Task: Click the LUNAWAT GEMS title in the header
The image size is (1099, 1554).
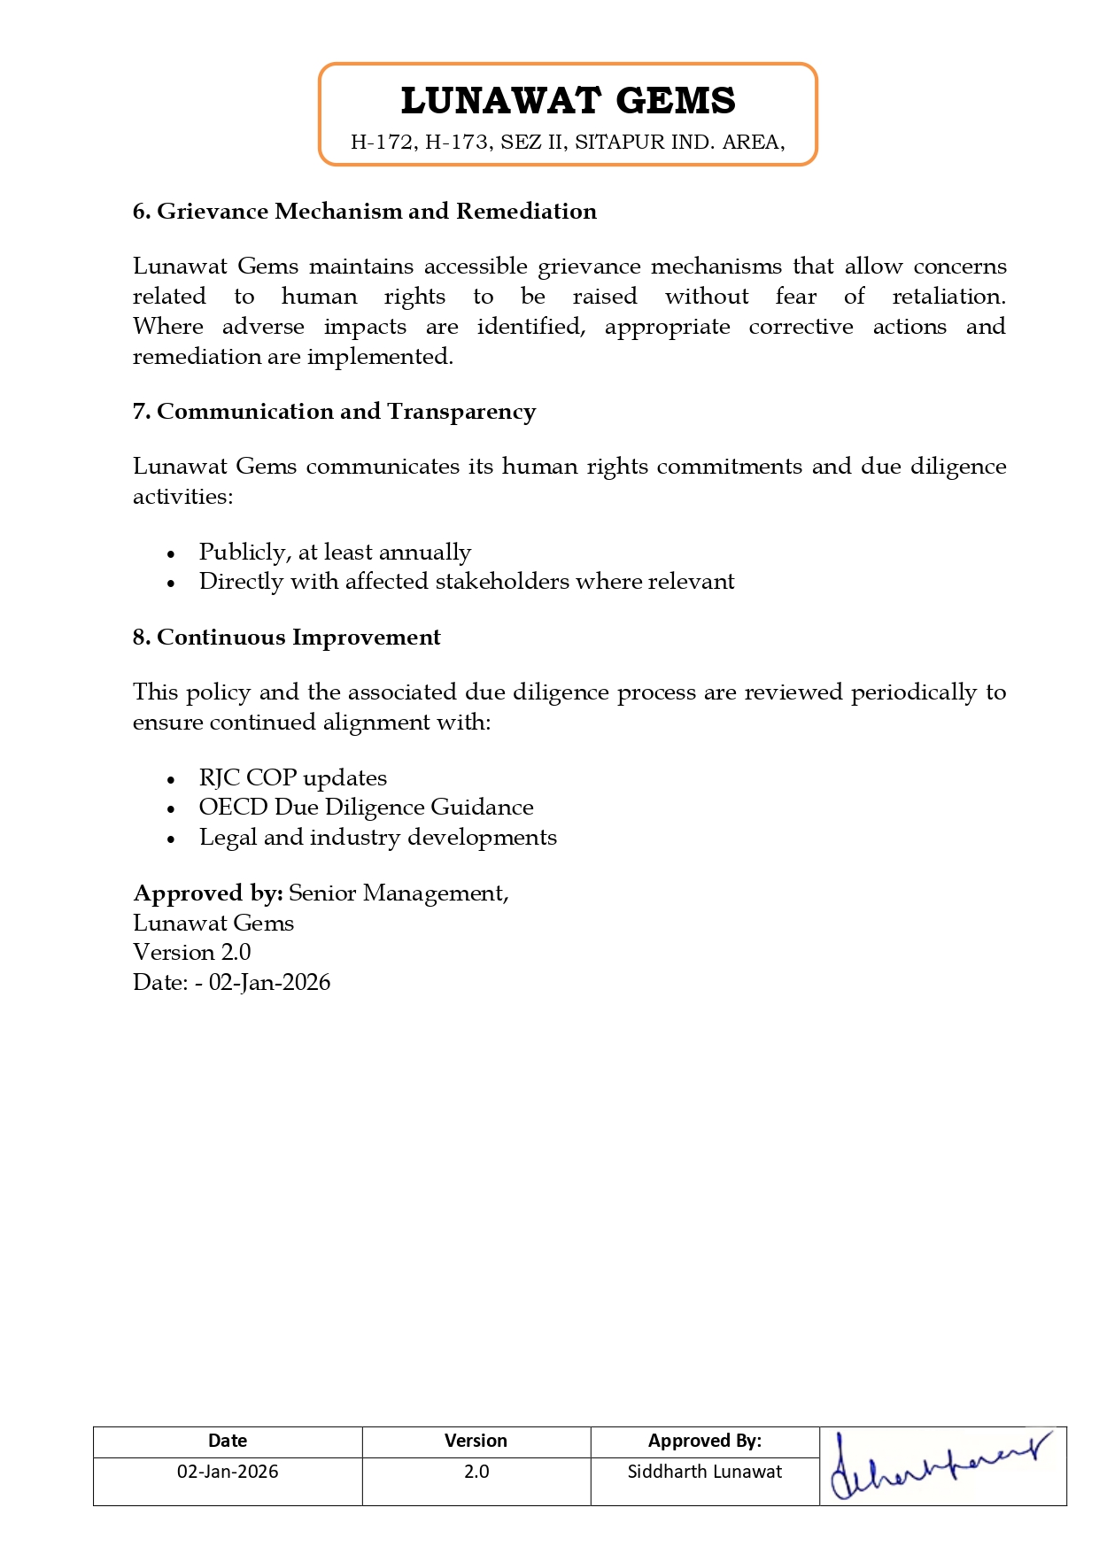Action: [568, 101]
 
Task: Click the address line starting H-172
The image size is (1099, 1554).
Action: [568, 143]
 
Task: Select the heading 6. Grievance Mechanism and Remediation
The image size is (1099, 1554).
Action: [364, 212]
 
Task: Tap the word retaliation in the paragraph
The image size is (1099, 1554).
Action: [948, 297]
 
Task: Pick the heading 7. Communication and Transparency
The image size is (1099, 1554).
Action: [334, 412]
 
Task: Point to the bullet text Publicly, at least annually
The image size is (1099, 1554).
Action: [335, 553]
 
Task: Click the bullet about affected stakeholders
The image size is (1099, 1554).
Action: [467, 582]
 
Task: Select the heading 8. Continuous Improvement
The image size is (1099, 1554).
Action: [286, 638]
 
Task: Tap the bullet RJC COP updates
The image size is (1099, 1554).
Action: [292, 778]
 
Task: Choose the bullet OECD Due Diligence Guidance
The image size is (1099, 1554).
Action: [366, 808]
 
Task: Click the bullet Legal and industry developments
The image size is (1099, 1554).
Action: [377, 838]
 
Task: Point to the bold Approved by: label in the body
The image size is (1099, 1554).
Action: [208, 893]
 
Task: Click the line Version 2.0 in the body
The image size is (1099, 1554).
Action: [192, 953]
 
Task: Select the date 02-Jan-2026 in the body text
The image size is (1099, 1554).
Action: [269, 983]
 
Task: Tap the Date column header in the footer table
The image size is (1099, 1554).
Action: [228, 1441]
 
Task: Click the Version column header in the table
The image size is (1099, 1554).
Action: [476, 1441]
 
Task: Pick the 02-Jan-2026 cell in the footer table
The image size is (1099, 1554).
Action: [228, 1472]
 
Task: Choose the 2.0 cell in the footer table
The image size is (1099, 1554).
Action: [476, 1472]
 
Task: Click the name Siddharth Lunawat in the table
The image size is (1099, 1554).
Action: [705, 1472]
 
